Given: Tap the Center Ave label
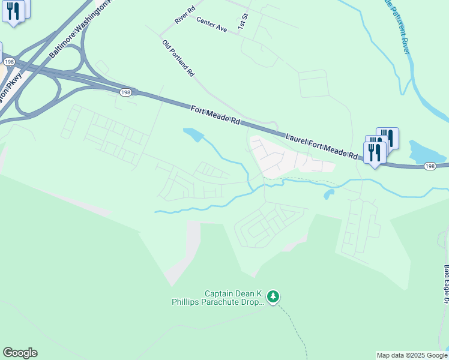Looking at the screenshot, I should pyautogui.click(x=211, y=25).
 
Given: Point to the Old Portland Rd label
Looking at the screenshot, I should pyautogui.click(x=179, y=58).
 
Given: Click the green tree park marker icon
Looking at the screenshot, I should pyautogui.click(x=273, y=296).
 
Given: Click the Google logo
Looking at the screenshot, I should pyautogui.click(x=20, y=353).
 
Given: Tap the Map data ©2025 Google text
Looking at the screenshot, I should pyautogui.click(x=412, y=355).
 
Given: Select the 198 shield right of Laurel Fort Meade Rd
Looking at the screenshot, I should pyautogui.click(x=429, y=166).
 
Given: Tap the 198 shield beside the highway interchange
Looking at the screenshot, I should pyautogui.click(x=8, y=61).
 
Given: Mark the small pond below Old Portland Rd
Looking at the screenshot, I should pyautogui.click(x=193, y=134).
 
